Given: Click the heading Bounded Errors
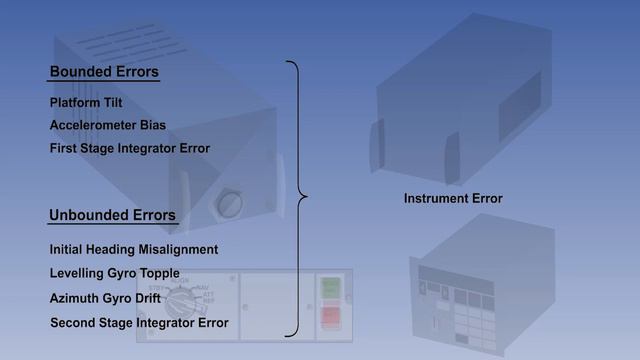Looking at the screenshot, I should [x=104, y=73].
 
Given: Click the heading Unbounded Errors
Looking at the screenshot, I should [x=112, y=215].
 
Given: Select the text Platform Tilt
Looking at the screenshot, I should [x=85, y=103].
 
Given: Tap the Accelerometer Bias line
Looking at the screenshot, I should [x=107, y=126].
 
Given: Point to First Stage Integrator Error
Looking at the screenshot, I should [x=129, y=149].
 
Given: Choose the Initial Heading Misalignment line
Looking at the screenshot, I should [x=133, y=249].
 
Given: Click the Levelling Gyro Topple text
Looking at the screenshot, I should [x=114, y=273].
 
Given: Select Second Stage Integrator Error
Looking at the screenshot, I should [x=138, y=323].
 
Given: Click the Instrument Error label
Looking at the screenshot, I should [x=453, y=199].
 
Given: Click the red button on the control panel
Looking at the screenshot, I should [x=329, y=318].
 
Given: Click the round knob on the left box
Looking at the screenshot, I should [x=225, y=203].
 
